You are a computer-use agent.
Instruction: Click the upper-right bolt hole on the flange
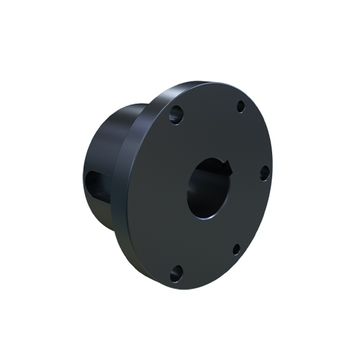(240, 107)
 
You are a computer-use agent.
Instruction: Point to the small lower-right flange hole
(235, 250)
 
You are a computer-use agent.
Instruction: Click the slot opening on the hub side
(94, 185)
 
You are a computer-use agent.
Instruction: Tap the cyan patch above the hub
(97, 97)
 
